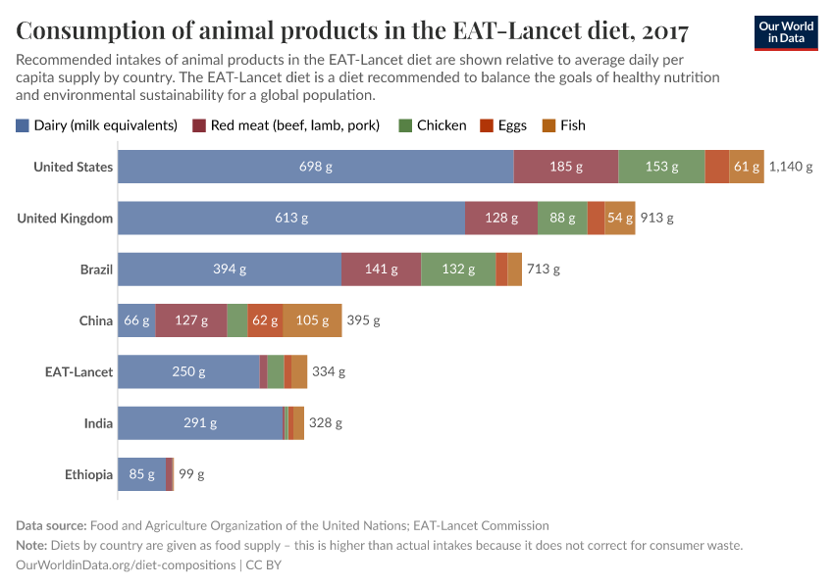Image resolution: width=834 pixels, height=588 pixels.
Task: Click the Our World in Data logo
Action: tap(786, 32)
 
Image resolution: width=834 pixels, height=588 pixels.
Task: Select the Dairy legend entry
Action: tap(96, 125)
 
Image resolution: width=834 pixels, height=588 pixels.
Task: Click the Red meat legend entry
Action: tap(286, 125)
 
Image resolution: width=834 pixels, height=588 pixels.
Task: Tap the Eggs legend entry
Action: tap(503, 125)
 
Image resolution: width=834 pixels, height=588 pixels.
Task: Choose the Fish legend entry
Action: tap(564, 125)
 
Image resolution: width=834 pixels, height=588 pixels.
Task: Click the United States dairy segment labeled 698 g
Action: tap(315, 167)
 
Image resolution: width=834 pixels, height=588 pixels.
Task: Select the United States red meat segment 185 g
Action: tap(565, 167)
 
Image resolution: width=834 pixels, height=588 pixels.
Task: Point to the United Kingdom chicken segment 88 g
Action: tap(562, 218)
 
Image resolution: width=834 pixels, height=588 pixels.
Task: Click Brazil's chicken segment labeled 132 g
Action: tap(458, 269)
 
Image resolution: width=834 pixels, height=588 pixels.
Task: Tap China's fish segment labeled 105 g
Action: tap(312, 319)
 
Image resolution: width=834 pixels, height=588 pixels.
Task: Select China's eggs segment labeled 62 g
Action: tap(265, 319)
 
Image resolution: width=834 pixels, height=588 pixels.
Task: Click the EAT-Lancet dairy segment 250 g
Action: tap(188, 371)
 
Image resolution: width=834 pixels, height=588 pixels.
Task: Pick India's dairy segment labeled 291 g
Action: tap(200, 422)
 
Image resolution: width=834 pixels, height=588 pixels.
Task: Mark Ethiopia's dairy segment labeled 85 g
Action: tap(141, 473)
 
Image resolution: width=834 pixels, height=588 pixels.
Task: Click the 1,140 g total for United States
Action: tap(791, 167)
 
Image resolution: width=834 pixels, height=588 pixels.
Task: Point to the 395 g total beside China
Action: tap(363, 320)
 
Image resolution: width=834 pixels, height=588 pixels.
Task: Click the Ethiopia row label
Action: tap(88, 474)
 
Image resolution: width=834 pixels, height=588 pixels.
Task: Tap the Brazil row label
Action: tap(96, 269)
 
